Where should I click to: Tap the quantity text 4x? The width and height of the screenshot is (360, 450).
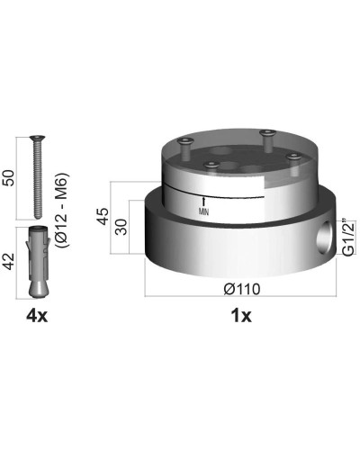(x=38, y=316)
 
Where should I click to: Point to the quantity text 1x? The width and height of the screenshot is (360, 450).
(x=240, y=316)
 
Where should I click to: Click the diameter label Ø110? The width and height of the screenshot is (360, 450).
(x=240, y=288)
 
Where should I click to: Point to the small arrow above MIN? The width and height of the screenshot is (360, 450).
(x=205, y=199)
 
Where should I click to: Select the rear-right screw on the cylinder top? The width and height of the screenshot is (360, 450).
(x=267, y=135)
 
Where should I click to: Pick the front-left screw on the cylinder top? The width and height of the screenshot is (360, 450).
(x=212, y=163)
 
